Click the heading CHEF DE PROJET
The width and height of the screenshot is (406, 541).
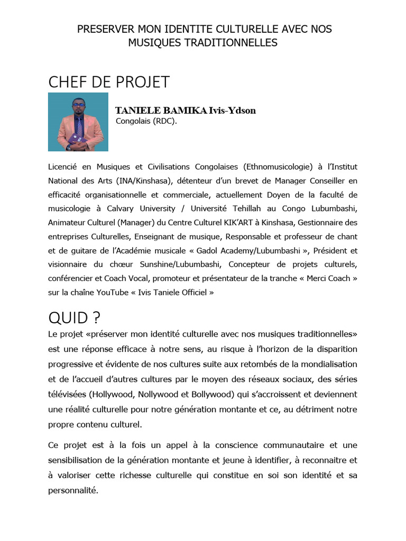[x=109, y=82]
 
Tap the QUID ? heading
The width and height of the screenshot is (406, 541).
[x=74, y=318]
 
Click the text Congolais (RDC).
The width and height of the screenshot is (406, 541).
[x=146, y=121]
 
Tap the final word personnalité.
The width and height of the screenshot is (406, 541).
[x=73, y=490]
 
